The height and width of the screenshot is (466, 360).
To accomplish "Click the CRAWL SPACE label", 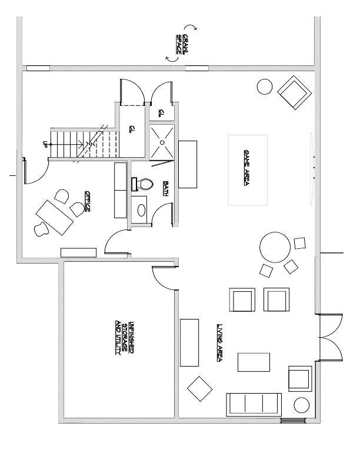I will (x=182, y=44).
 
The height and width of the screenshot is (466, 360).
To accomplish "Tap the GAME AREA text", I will (x=248, y=167).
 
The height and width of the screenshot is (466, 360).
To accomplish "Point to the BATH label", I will (x=166, y=188).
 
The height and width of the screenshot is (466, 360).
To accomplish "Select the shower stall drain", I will (x=162, y=141).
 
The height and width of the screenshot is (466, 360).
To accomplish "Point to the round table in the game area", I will (x=275, y=248).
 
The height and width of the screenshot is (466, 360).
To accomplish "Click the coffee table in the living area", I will (x=254, y=362).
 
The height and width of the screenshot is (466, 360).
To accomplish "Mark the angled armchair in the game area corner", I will (x=294, y=94).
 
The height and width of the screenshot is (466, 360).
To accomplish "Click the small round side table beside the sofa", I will (x=302, y=405).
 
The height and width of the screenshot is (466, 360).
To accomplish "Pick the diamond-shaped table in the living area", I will (x=199, y=388).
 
